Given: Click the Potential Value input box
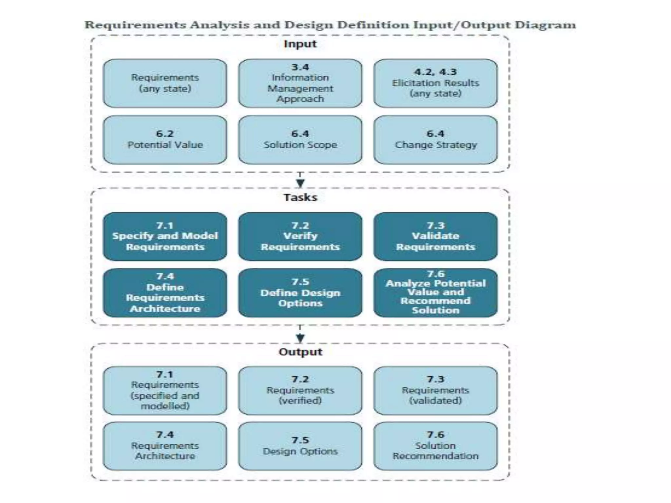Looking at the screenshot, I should [x=165, y=140].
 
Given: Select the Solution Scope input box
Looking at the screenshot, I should [x=300, y=140].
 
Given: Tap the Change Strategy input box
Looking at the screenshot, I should [x=435, y=140].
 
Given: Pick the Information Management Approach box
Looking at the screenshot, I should [x=300, y=83].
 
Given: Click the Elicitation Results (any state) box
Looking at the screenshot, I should [x=435, y=83].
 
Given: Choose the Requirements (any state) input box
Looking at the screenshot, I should [x=165, y=83].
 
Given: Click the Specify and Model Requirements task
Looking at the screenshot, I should [x=165, y=236].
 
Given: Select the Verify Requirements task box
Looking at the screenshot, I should [x=300, y=236].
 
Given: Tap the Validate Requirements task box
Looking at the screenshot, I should [x=435, y=236].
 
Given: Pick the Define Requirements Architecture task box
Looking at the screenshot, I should [x=165, y=293].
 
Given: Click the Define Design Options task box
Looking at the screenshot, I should [x=300, y=293].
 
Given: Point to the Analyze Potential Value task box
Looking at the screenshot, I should [x=435, y=293].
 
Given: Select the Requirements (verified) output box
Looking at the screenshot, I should [x=300, y=390].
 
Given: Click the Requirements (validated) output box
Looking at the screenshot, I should [x=435, y=390].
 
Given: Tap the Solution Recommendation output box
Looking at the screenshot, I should [x=435, y=446].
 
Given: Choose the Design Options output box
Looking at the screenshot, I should [x=300, y=446].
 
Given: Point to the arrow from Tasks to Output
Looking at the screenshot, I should [x=300, y=335].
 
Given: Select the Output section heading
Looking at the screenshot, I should [x=300, y=352].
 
